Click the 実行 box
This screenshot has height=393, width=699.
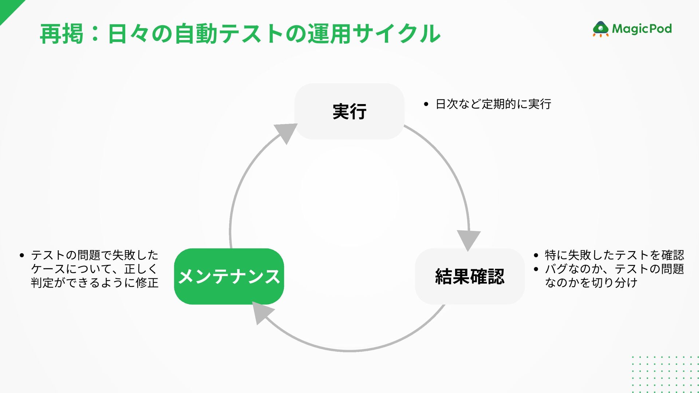click(349, 111)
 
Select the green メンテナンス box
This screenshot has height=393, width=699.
click(229, 277)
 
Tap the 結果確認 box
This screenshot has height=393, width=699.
click(470, 277)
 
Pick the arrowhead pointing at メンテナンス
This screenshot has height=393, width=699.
click(261, 313)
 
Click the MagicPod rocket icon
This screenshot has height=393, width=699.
click(600, 29)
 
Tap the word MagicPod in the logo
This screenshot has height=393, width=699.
click(642, 29)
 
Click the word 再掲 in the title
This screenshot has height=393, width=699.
click(62, 34)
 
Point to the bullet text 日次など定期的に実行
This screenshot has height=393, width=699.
click(493, 104)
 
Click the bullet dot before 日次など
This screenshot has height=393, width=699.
click(426, 104)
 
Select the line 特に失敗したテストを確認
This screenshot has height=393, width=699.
click(614, 255)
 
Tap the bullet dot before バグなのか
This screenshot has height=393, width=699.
click(536, 269)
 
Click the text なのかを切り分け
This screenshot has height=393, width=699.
click(591, 283)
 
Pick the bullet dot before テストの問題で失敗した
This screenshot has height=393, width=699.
click(22, 255)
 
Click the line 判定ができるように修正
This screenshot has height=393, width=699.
click(95, 283)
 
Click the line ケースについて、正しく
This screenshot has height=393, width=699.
click(94, 269)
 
